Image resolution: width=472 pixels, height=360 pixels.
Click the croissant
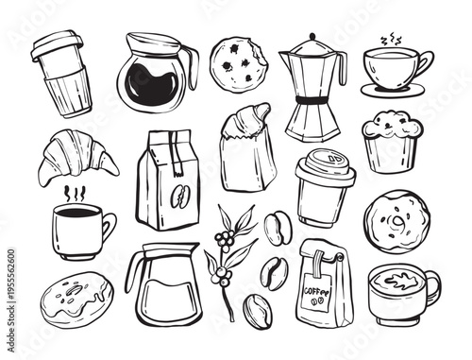[76, 157]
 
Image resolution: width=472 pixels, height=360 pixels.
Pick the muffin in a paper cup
[392, 140]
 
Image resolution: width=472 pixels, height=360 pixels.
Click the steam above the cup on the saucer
[390, 42]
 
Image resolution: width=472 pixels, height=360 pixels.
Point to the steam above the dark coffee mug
[69, 193]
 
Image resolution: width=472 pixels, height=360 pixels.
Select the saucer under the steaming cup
[393, 90]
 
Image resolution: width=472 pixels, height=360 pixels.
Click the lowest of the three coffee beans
[257, 308]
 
